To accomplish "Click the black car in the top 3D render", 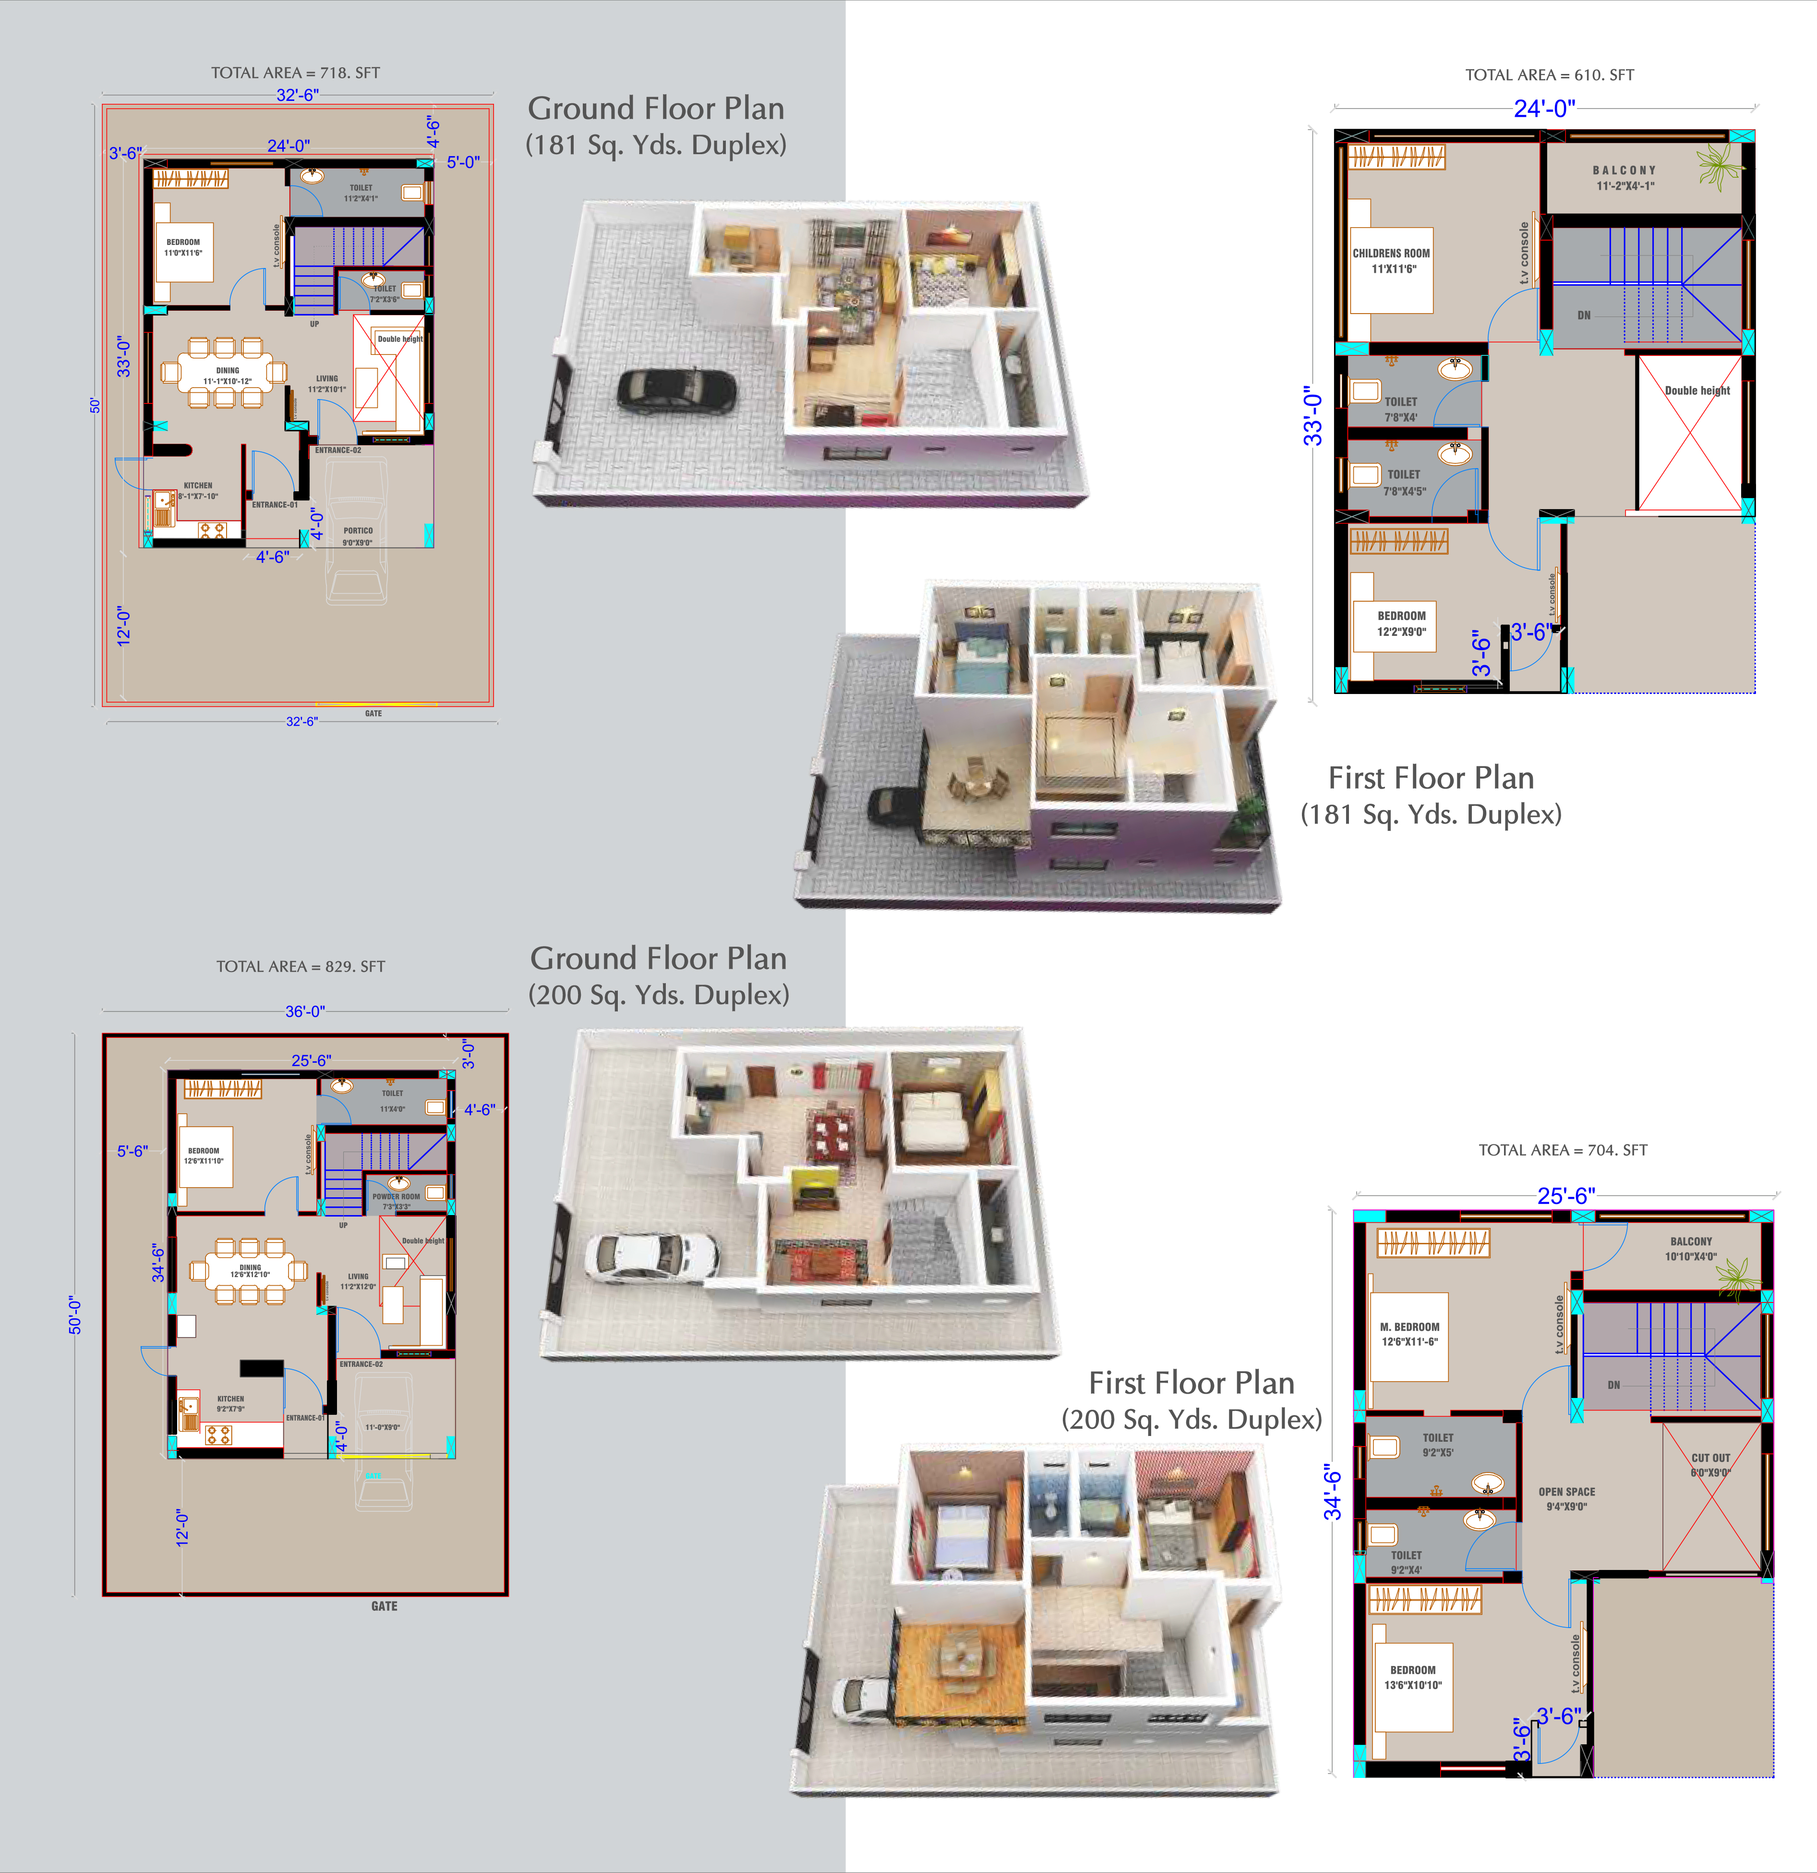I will tap(676, 390).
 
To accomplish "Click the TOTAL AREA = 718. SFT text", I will tap(295, 73).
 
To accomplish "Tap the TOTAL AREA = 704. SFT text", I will tap(1563, 1150).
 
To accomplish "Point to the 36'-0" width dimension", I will tap(305, 1011).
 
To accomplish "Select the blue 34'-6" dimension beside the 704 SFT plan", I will tap(1333, 1495).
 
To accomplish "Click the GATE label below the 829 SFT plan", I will tap(384, 1605).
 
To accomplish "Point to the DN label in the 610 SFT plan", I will tap(1584, 316).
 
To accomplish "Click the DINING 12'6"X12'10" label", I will tap(250, 1271).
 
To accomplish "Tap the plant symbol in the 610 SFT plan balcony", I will tap(1720, 166).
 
